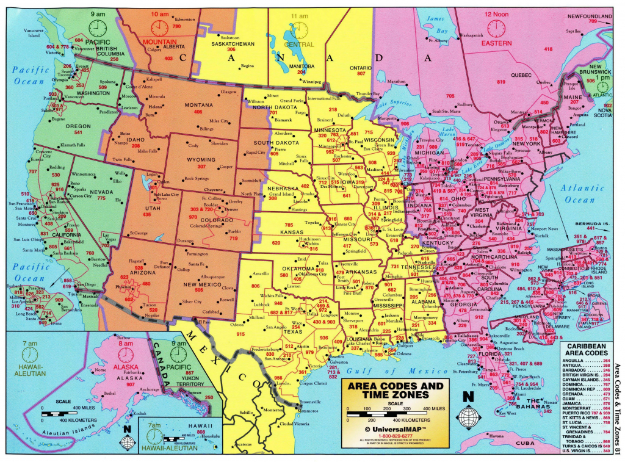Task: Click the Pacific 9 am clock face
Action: (x=97, y=28)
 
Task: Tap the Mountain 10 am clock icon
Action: (x=159, y=28)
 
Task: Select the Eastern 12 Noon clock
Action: (x=496, y=28)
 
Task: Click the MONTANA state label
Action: (x=198, y=104)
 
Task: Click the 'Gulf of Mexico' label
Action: (x=389, y=371)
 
